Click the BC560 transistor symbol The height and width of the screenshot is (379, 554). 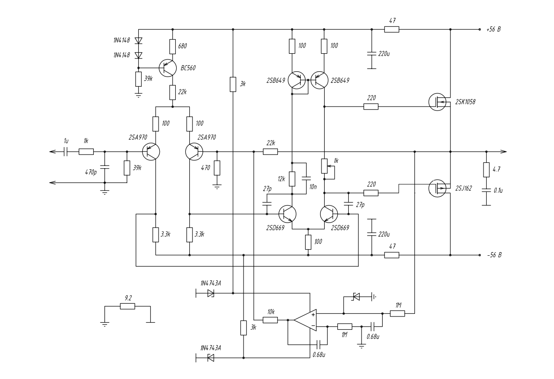(x=168, y=68)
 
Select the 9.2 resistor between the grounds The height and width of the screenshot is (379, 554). (x=127, y=306)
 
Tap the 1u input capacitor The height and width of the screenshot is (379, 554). (x=66, y=152)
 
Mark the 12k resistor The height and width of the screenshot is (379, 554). (x=291, y=179)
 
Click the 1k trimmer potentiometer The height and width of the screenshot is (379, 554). (x=324, y=166)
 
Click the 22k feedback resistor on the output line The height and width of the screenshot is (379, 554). (x=270, y=152)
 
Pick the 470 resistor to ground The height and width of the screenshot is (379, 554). (x=217, y=167)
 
